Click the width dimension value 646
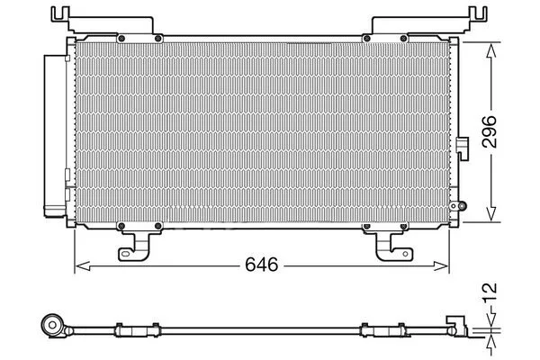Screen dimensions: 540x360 pyautogui.click(x=261, y=265)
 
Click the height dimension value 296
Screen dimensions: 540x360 pyautogui.click(x=490, y=131)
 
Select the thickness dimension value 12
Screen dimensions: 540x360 pyautogui.click(x=490, y=292)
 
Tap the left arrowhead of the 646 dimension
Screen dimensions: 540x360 pyautogui.click(x=83, y=266)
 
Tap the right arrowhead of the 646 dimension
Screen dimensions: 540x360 pyautogui.click(x=441, y=266)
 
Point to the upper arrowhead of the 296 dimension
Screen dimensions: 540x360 pyautogui.click(x=491, y=50)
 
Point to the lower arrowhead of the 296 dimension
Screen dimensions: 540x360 pyautogui.click(x=491, y=213)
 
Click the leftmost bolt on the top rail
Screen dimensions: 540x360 pyautogui.click(x=121, y=38)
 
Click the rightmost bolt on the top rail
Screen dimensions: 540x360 pyautogui.click(x=403, y=38)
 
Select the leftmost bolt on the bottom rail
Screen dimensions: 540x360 pyautogui.click(x=121, y=226)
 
